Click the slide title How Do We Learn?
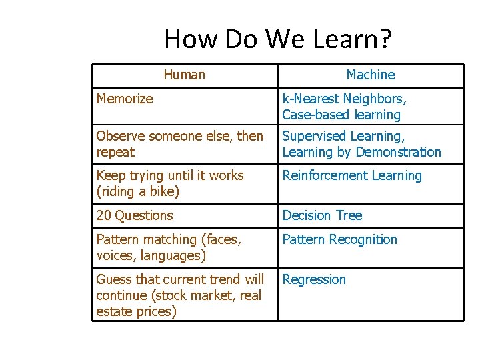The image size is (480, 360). click(x=278, y=39)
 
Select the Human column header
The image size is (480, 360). click(x=184, y=75)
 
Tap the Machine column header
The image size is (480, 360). click(x=370, y=75)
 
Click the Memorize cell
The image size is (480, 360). click(x=125, y=99)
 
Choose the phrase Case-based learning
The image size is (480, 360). click(x=341, y=115)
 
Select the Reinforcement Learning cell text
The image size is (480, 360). click(x=352, y=176)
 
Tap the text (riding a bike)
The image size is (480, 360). click(x=137, y=192)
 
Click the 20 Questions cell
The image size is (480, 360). click(x=134, y=215)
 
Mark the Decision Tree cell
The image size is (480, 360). click(x=322, y=215)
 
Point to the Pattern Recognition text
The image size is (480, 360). click(x=339, y=239)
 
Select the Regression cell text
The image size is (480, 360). click(x=314, y=279)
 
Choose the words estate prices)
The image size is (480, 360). click(x=136, y=311)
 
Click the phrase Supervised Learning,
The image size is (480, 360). click(x=343, y=136)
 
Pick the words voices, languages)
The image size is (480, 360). click(x=151, y=255)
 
